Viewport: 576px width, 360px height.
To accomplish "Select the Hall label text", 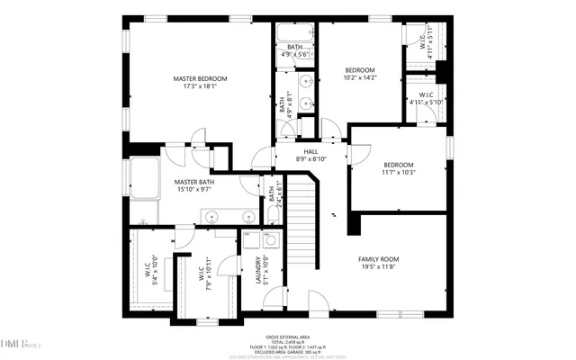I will pyautogui.click(x=310, y=155).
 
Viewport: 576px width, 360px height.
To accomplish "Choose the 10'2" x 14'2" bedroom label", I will pyautogui.click(x=359, y=74).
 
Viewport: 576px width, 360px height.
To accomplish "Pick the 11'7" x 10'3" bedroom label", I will pyautogui.click(x=398, y=168).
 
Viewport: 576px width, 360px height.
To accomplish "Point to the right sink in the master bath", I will pyautogui.click(x=247, y=216).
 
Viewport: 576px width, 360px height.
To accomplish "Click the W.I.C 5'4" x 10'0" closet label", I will pyautogui.click(x=154, y=270).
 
